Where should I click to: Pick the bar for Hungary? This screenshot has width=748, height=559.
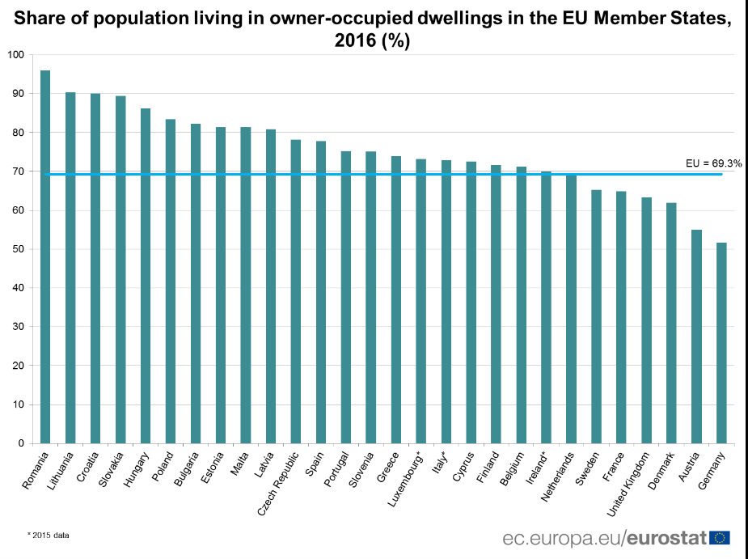146,276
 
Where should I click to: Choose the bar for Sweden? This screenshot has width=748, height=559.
596,316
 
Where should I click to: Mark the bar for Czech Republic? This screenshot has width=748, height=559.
296,291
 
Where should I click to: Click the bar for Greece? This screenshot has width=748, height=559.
396,299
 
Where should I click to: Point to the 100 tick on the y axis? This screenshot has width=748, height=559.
15,54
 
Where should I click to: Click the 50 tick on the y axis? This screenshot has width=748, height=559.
18,249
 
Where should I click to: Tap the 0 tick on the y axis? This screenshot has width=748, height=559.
20,443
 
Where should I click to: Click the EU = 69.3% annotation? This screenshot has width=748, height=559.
712,163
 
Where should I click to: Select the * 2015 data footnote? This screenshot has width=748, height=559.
48,535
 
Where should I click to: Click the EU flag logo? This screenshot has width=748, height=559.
720,538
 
